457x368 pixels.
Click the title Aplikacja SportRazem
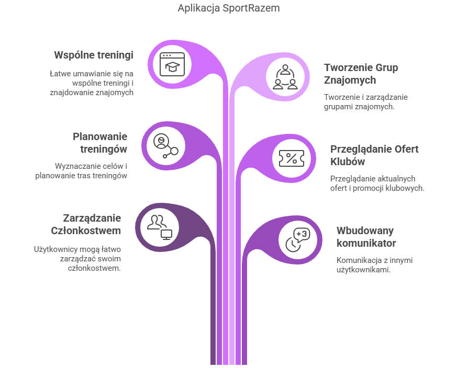tap(229, 8)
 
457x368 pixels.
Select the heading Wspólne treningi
tap(94, 55)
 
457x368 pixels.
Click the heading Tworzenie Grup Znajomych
tap(361, 74)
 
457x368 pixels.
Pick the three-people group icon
tap(285, 77)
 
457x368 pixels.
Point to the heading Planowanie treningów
tap(100, 142)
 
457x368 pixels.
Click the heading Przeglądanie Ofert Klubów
tap(374, 155)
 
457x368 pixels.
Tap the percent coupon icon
tap(292, 158)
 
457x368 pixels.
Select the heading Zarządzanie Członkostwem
tap(86, 224)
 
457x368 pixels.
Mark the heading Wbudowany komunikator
tap(366, 237)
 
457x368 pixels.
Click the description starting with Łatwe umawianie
tap(92, 83)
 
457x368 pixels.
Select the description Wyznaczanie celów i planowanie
tap(81, 171)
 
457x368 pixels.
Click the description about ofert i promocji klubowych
tap(377, 183)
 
